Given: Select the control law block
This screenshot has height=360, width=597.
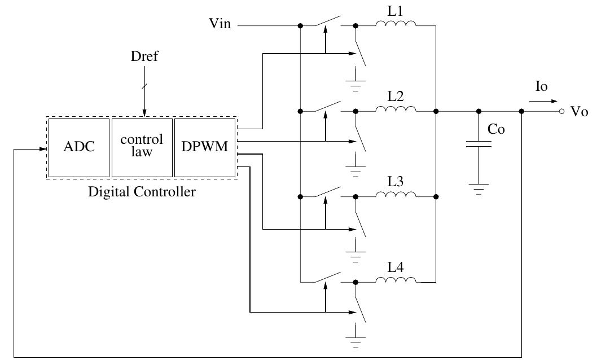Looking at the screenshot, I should pos(142,148).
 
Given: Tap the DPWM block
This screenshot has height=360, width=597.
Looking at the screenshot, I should pos(204,148).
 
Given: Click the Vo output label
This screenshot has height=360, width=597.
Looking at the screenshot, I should pos(579,112).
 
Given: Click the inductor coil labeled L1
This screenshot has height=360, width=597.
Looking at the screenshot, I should pos(396,25).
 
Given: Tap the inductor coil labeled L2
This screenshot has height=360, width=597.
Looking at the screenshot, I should pos(396,111).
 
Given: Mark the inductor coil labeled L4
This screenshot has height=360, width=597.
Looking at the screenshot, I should pos(396,281).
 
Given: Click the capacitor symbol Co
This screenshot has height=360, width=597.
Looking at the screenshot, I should pos(479,145).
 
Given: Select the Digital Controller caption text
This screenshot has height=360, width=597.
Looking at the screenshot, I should pos(142,192).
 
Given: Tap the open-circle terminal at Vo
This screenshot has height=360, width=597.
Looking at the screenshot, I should pos(561,112).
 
